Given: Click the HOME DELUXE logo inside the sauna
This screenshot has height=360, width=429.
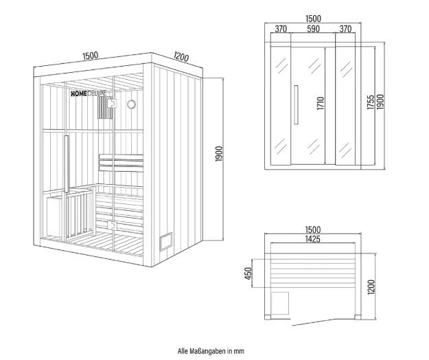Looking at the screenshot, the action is [89, 94].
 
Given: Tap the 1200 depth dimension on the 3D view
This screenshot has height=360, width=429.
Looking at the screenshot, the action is [181, 56].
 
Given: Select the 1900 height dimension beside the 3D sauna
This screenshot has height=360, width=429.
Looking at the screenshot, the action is [219, 154].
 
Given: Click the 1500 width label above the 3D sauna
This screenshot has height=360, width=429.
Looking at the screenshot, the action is [91, 56].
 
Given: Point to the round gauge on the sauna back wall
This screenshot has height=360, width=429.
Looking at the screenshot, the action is [132, 104].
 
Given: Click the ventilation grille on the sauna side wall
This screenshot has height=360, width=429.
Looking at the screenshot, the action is [166, 241].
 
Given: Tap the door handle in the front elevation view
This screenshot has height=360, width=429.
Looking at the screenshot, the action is [296, 105].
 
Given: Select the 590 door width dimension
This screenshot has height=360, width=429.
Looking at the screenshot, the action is [313, 29].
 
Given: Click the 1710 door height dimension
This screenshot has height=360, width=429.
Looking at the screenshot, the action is [321, 103].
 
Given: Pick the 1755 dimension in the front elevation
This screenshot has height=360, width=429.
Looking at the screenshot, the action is [371, 102].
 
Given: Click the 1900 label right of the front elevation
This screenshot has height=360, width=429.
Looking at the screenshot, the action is [380, 102].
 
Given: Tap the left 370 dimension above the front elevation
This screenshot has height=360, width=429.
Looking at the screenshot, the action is [281, 29].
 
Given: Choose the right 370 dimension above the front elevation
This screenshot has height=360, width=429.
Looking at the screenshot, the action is [345, 29].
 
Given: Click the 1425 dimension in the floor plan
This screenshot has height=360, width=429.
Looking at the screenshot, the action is [313, 239].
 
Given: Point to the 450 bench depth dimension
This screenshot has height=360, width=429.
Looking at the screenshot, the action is [248, 273].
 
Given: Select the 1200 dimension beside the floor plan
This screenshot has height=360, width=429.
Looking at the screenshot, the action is [371, 287].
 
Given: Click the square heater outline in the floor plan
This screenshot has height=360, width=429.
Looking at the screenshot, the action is [279, 303].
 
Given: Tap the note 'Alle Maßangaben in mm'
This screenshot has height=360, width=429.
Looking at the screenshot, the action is [211, 351].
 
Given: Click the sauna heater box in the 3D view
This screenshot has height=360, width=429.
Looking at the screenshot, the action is [55, 215].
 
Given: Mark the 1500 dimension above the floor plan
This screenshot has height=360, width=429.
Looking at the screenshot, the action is [313, 229].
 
